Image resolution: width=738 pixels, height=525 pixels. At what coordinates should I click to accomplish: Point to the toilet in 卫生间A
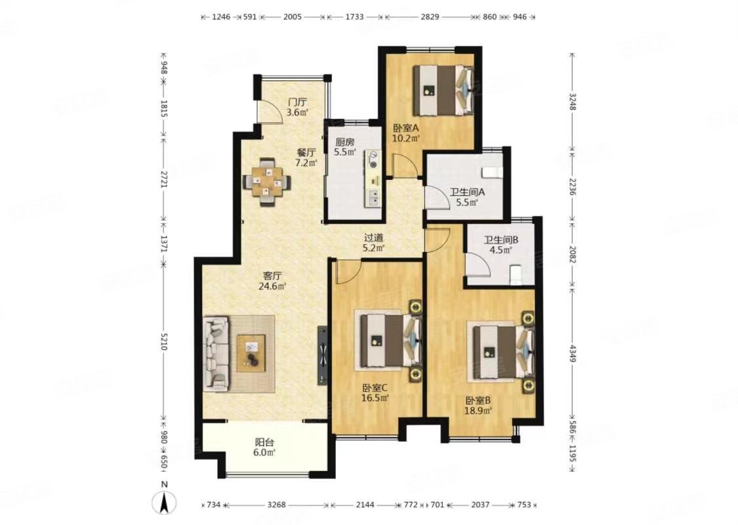pos(491,173)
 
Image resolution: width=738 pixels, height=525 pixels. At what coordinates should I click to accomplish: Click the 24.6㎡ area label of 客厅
pos(274,286)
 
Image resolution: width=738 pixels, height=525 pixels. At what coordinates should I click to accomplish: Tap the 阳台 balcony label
pos(264,442)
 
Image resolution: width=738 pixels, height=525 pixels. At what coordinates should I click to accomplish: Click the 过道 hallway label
pos(374,238)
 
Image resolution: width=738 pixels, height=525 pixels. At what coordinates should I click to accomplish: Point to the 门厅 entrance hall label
pos(297,102)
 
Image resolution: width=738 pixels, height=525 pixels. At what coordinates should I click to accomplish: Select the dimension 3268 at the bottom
pos(277,505)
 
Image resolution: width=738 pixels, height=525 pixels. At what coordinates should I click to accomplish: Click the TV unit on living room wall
pos(321,354)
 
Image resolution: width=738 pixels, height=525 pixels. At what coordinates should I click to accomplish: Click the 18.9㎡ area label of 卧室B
pos(479,410)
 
